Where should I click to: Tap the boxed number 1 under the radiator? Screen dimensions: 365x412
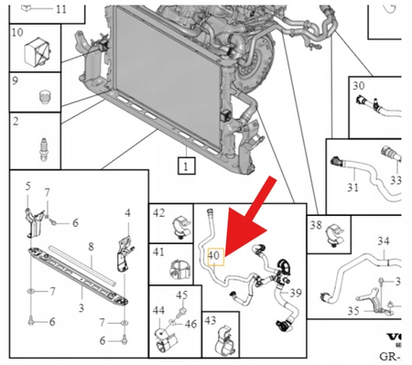186,166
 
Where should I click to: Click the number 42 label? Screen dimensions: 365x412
159,213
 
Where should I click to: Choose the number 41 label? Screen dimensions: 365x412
159,251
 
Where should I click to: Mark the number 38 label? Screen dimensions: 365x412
316,223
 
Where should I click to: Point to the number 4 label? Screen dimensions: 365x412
127,213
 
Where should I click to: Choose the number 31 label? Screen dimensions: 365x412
352,188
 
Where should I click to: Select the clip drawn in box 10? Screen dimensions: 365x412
41,52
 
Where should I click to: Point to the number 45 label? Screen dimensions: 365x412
181,295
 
